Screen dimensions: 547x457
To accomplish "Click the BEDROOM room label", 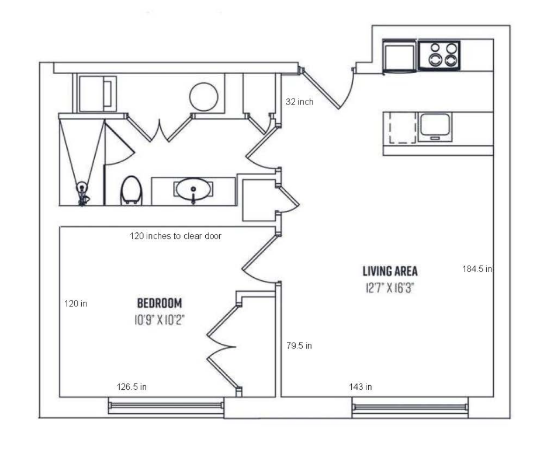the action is [160, 303].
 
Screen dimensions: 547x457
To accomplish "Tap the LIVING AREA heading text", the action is [390, 271].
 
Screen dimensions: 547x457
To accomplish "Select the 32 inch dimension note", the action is [299, 102].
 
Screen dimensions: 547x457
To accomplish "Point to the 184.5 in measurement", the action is [477, 269].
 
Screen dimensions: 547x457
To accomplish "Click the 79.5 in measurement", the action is [299, 346].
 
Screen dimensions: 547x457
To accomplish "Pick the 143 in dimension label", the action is [361, 386].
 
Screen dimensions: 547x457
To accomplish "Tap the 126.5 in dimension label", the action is [131, 386].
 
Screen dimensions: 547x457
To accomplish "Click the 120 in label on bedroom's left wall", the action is [76, 303].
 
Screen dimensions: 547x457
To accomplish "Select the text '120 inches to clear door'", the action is [175, 236].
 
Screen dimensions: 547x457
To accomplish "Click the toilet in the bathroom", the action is [131, 190].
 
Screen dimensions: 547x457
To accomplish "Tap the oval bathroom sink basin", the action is [193, 189].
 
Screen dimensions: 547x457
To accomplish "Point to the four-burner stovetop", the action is [439, 55].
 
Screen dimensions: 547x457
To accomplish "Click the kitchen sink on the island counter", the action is [435, 125].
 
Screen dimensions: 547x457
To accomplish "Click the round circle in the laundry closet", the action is [204, 97].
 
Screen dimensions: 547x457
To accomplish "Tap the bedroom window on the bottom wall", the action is [166, 406].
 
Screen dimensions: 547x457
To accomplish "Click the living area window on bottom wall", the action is [410, 407].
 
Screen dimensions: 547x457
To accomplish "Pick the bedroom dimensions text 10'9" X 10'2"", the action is [160, 320].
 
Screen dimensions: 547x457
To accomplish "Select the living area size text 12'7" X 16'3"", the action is [390, 288].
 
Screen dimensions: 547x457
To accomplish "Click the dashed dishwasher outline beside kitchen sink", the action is [403, 127].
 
